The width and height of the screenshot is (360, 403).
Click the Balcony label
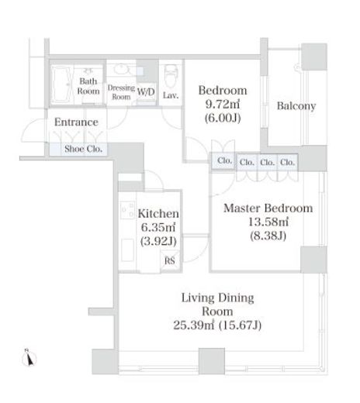[x=296, y=106]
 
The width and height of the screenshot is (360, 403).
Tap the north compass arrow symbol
[x=29, y=359]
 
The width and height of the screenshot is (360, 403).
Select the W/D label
[x=146, y=91]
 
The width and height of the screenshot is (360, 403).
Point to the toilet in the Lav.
[x=170, y=76]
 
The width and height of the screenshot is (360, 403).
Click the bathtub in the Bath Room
[x=62, y=84]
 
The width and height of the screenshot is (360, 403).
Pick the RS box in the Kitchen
[x=170, y=260]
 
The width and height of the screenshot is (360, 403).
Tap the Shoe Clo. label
[x=83, y=149]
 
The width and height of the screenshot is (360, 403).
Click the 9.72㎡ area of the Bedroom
[x=223, y=104]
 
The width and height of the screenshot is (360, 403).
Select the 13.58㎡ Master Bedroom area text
[x=268, y=222]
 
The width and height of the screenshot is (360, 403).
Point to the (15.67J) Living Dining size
[x=240, y=325]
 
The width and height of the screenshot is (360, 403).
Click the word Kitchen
[x=158, y=214]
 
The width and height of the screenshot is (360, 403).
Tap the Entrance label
[x=76, y=122]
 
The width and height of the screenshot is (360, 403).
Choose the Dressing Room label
[x=121, y=92]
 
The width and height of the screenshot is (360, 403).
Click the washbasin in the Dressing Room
[x=121, y=69]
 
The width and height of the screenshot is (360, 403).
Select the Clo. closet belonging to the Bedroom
[x=224, y=161]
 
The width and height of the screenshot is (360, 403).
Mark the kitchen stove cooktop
[x=127, y=210]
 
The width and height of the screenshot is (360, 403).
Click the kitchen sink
[x=127, y=250]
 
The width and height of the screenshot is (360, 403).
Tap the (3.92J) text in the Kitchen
[x=158, y=242]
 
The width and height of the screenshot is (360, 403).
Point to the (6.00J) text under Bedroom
[x=223, y=119]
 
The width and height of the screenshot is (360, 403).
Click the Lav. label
[x=171, y=95]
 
